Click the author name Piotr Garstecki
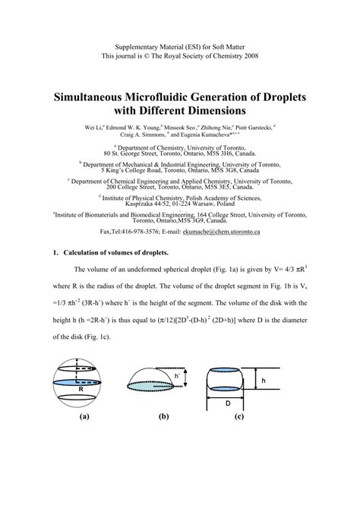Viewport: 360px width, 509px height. click(x=251, y=129)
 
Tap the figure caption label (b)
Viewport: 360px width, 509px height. click(x=163, y=416)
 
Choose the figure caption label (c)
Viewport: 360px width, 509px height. click(x=238, y=416)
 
